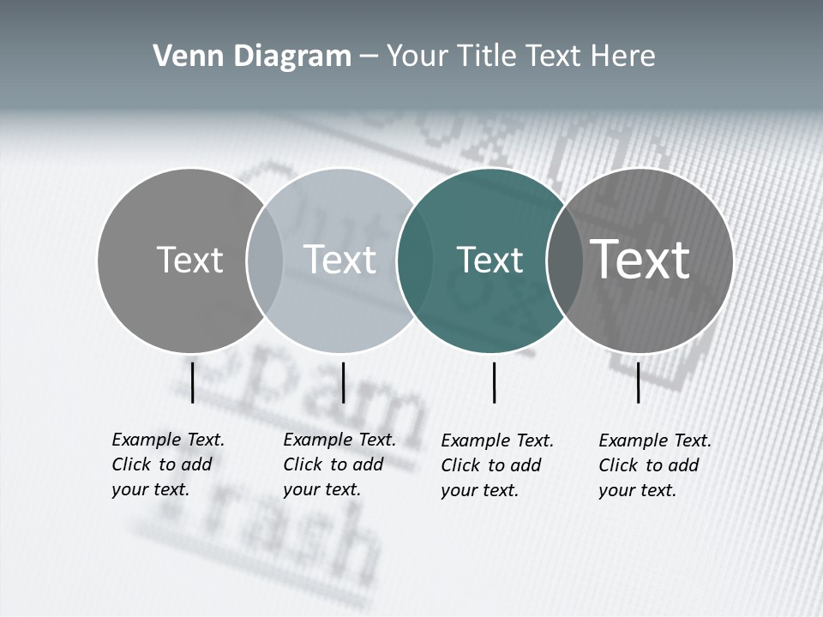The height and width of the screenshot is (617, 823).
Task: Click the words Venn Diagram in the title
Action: point(252,57)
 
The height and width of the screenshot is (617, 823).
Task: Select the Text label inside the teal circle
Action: point(490,261)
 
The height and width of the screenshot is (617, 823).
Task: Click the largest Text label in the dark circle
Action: point(640,259)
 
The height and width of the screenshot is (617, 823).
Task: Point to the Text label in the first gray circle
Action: point(189,260)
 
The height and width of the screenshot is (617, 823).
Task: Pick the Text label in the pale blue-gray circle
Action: point(339,260)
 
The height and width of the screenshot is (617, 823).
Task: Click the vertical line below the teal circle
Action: point(495,382)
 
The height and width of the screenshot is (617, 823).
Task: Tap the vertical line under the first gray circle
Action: point(193,382)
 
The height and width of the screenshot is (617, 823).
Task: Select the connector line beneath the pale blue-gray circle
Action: point(343,382)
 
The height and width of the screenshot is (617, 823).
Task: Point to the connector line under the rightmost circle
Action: point(639,382)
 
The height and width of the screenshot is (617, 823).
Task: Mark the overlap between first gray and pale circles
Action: point(265,261)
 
